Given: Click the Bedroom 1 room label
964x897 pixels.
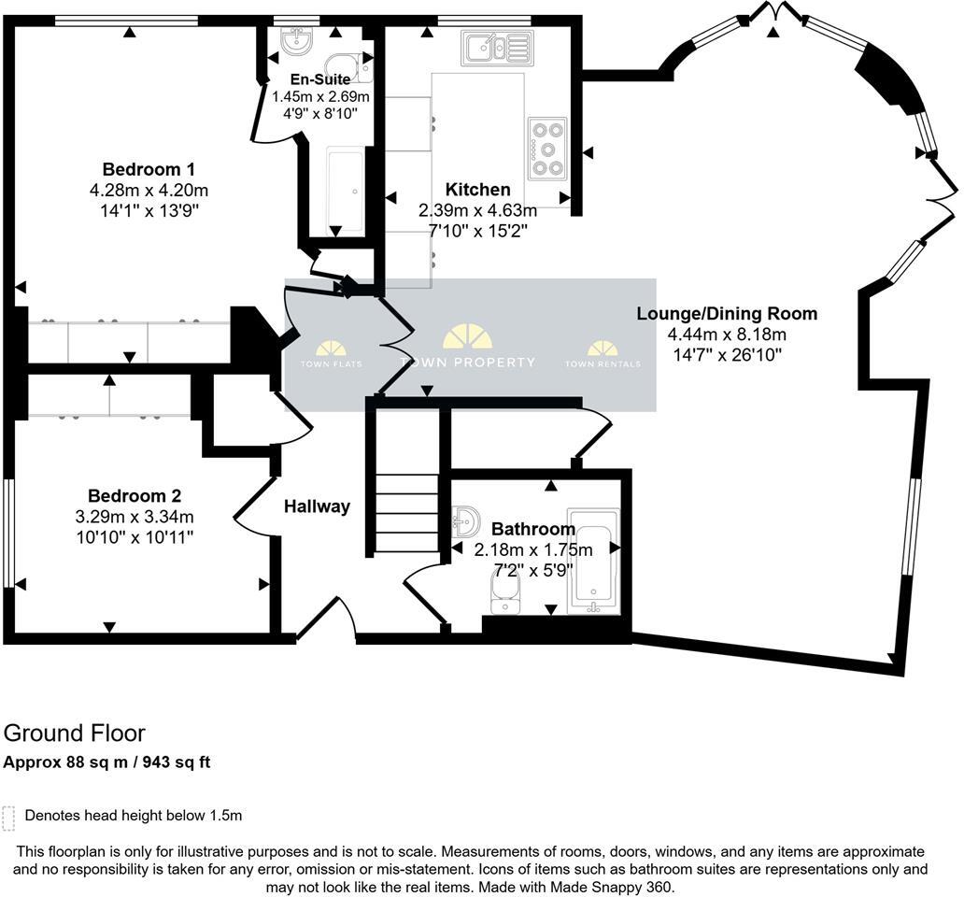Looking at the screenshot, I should pos(149,169).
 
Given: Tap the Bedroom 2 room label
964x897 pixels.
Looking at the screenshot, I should pos(135,496).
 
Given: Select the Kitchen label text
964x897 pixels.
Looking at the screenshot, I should pos(477,190).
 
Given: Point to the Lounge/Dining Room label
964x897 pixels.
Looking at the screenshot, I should pos(727,313).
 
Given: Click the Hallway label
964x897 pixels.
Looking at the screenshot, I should pos(317,506).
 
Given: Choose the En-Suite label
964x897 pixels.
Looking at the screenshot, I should pos(320,79).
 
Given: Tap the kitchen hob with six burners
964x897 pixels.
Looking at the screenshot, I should pos(547,148).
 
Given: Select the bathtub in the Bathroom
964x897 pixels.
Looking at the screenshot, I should pos(593,561).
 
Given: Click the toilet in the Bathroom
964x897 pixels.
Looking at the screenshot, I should pos(505,592).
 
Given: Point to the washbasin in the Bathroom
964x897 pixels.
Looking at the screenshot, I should pos(465,520).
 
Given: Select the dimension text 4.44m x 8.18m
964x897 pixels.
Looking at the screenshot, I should pos(727,335).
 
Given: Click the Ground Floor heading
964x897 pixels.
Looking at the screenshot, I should pos(75,733).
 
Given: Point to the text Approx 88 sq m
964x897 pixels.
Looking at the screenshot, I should pos(66,762).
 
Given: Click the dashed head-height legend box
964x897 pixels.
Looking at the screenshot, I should pos(9,817).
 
